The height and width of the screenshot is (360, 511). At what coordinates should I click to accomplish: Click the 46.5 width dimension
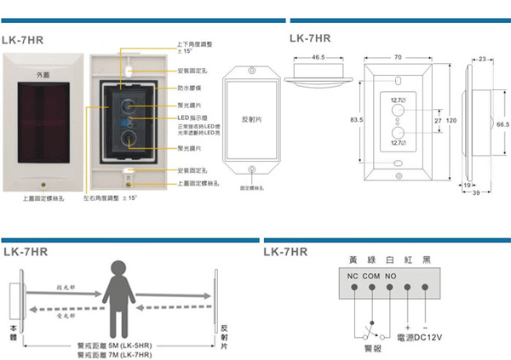click(x=319, y=57)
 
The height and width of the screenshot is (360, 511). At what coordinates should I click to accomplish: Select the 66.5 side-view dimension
click(x=502, y=123)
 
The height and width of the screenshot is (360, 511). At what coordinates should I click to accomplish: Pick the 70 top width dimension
click(x=398, y=57)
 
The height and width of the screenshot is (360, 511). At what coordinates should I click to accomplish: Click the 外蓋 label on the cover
click(x=43, y=77)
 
